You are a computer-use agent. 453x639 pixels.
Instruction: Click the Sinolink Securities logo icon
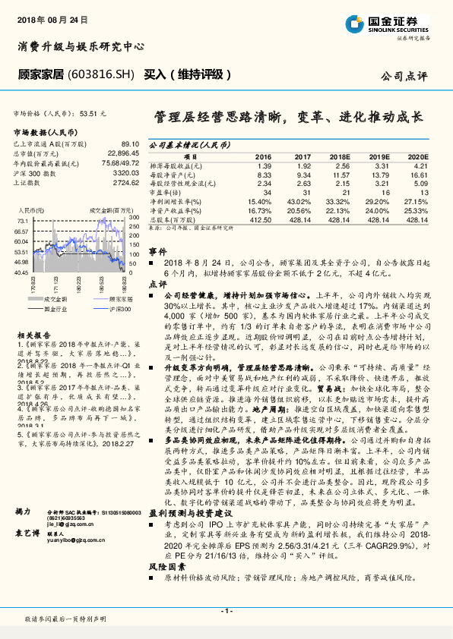click(x=354, y=23)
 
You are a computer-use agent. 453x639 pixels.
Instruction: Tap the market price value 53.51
click(x=98, y=112)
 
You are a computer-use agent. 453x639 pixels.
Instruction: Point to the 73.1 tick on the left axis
click(x=22, y=220)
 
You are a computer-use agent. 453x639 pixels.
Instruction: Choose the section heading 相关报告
click(x=31, y=335)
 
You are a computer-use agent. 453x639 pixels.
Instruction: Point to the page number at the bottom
click(x=226, y=610)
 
